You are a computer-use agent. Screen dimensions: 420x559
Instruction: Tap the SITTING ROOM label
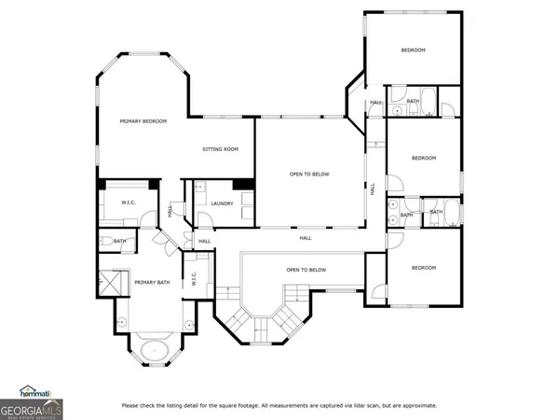pos(221,149)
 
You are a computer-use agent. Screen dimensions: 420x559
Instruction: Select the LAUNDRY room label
pos(222,203)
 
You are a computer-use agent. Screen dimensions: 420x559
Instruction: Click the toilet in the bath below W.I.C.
pos(105,242)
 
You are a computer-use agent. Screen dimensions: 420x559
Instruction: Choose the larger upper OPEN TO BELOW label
pos(308,174)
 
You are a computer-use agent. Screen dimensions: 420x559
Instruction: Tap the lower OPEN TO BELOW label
pos(307,271)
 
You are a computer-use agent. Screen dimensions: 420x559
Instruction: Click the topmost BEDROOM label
pos(413,49)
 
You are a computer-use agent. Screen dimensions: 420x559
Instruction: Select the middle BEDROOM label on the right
pos(424,158)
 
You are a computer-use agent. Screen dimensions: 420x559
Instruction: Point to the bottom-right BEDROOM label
pos(424,268)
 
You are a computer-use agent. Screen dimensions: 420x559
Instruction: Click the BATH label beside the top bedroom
pos(413,101)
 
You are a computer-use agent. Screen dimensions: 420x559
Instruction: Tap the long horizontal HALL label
pos(306,238)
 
